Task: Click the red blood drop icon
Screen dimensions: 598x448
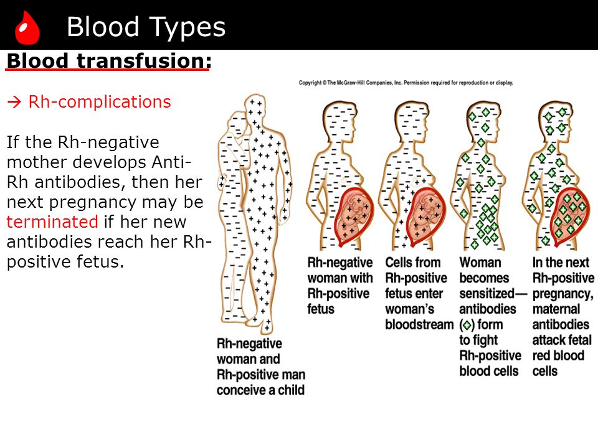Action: (x=27, y=27)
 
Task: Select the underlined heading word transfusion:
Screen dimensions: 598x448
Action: (x=144, y=60)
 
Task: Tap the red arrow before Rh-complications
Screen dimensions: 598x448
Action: (x=14, y=102)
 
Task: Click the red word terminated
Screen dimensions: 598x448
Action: (x=52, y=222)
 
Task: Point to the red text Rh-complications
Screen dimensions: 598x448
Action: (x=100, y=101)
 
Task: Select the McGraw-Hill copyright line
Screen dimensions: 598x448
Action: (x=406, y=83)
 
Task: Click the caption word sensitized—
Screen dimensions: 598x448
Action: (x=493, y=294)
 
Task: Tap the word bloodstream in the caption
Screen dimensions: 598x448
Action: (x=419, y=325)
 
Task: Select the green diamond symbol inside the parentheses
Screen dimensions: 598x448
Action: (x=466, y=325)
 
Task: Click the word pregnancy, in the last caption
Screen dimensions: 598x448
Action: (x=563, y=294)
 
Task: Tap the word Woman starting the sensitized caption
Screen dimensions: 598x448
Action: (x=480, y=263)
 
